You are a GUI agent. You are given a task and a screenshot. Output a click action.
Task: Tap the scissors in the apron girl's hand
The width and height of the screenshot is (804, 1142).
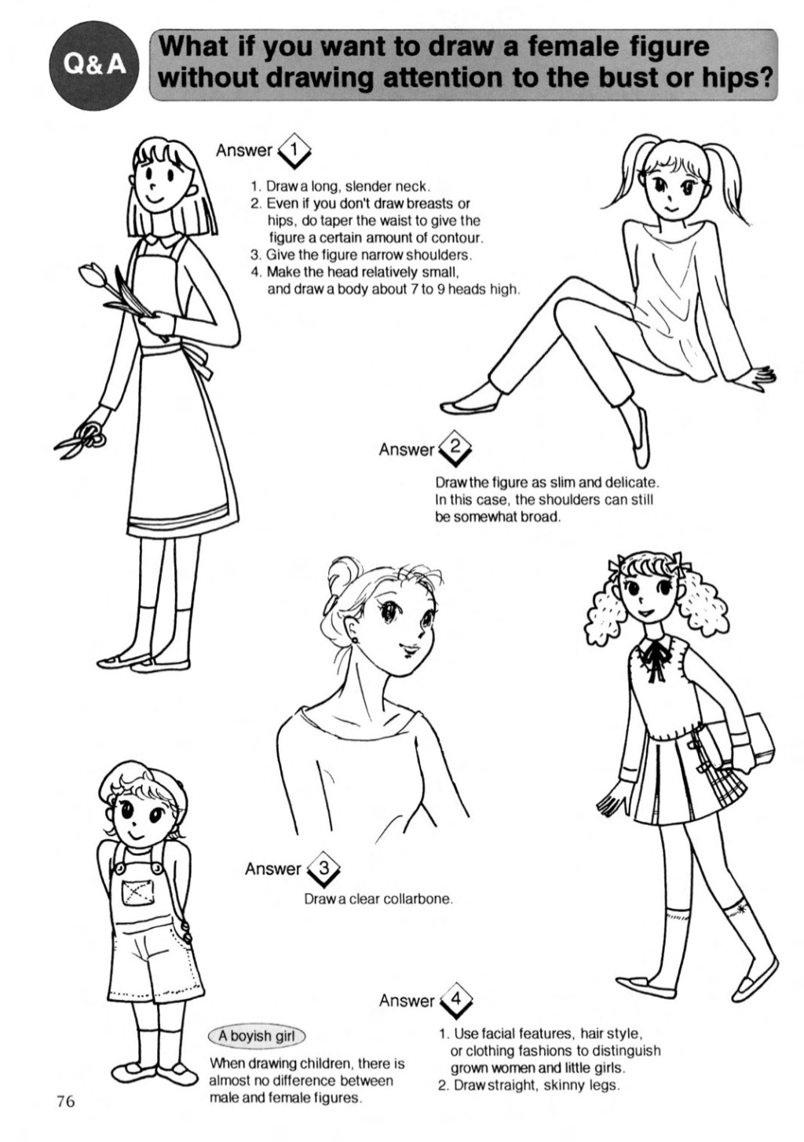tap(82, 438)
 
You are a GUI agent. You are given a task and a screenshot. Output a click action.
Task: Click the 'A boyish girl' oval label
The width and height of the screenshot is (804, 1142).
tap(257, 1032)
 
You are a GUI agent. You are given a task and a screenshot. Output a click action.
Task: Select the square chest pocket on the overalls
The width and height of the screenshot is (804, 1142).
tap(139, 890)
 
